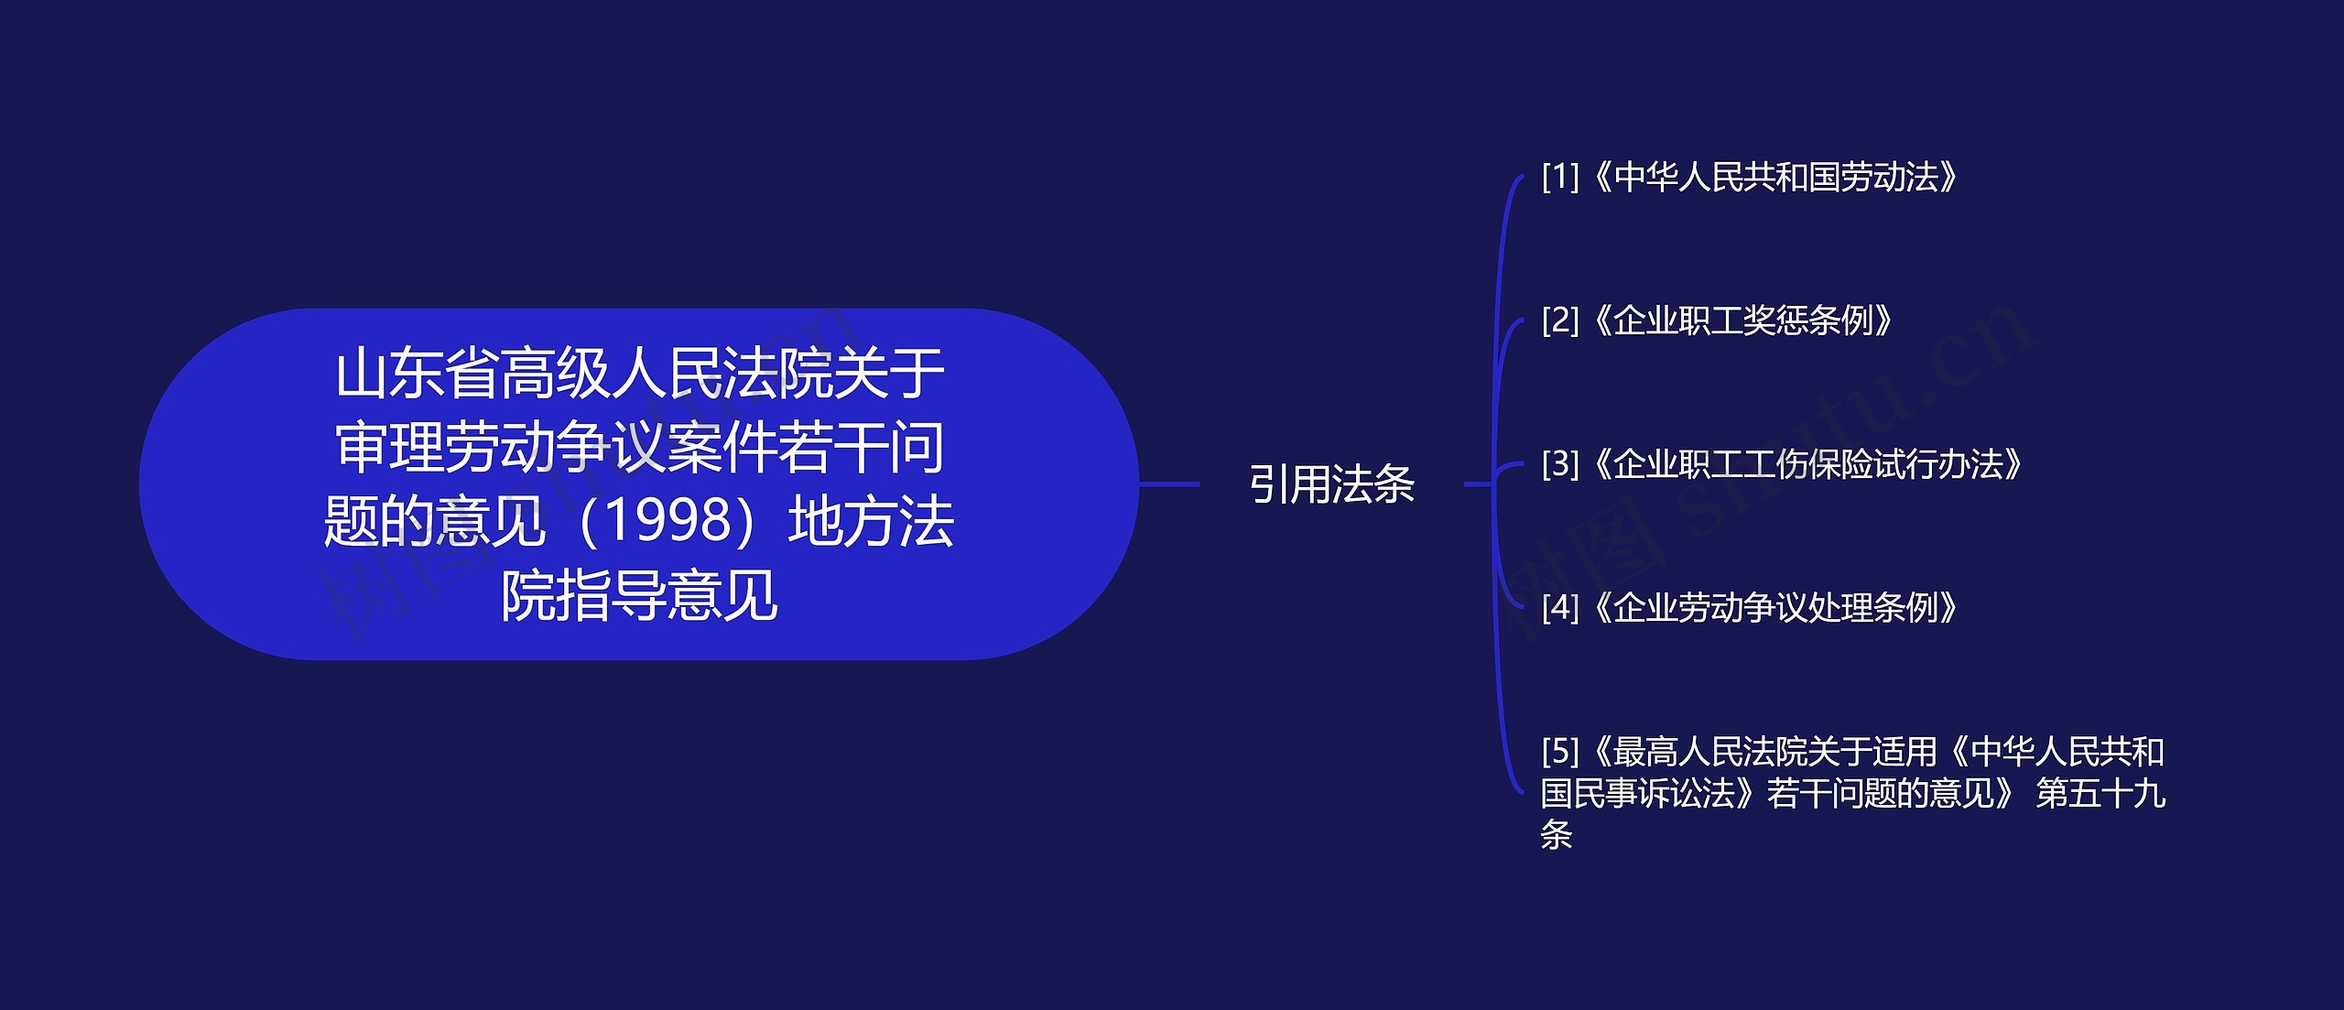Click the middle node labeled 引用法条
coord(1332,484)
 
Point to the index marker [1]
coord(1560,177)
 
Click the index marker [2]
coord(1560,320)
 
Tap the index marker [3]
coord(1560,464)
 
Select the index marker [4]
coord(1560,607)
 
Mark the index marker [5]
coord(1560,752)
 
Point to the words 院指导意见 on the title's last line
coord(640,595)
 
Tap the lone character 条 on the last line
coord(1557,835)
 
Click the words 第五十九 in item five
coord(2100,794)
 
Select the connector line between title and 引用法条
coord(1169,483)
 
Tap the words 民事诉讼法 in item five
coord(1654,794)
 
